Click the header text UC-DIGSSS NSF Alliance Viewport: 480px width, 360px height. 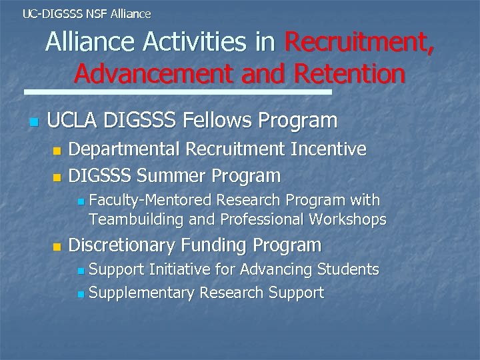point(87,13)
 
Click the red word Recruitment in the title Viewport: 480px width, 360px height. point(359,43)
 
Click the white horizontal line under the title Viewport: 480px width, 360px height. point(177,92)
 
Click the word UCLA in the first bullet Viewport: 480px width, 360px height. point(73,121)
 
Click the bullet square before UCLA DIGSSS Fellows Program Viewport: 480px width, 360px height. point(35,123)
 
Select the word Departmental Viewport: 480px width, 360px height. point(125,149)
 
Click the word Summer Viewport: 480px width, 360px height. point(177,177)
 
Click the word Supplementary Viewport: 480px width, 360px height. point(141,293)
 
